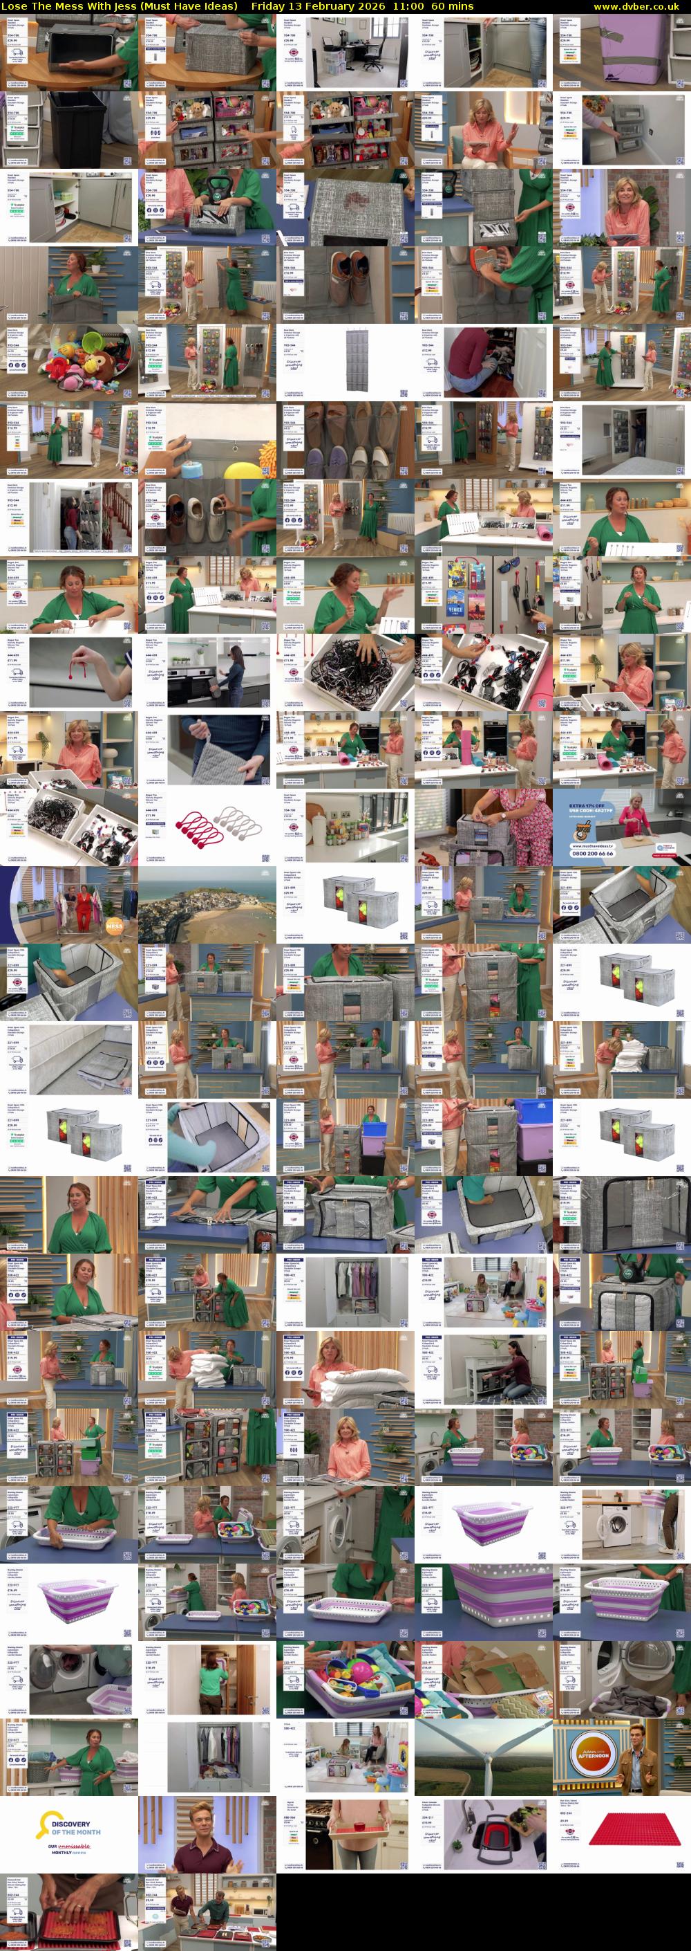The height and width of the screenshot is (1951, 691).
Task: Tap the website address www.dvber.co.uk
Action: [641, 6]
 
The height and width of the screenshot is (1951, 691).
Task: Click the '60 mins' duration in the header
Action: [453, 6]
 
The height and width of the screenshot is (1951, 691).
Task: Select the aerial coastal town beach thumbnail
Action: [207, 904]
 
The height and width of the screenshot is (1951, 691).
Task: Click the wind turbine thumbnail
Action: [483, 1756]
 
